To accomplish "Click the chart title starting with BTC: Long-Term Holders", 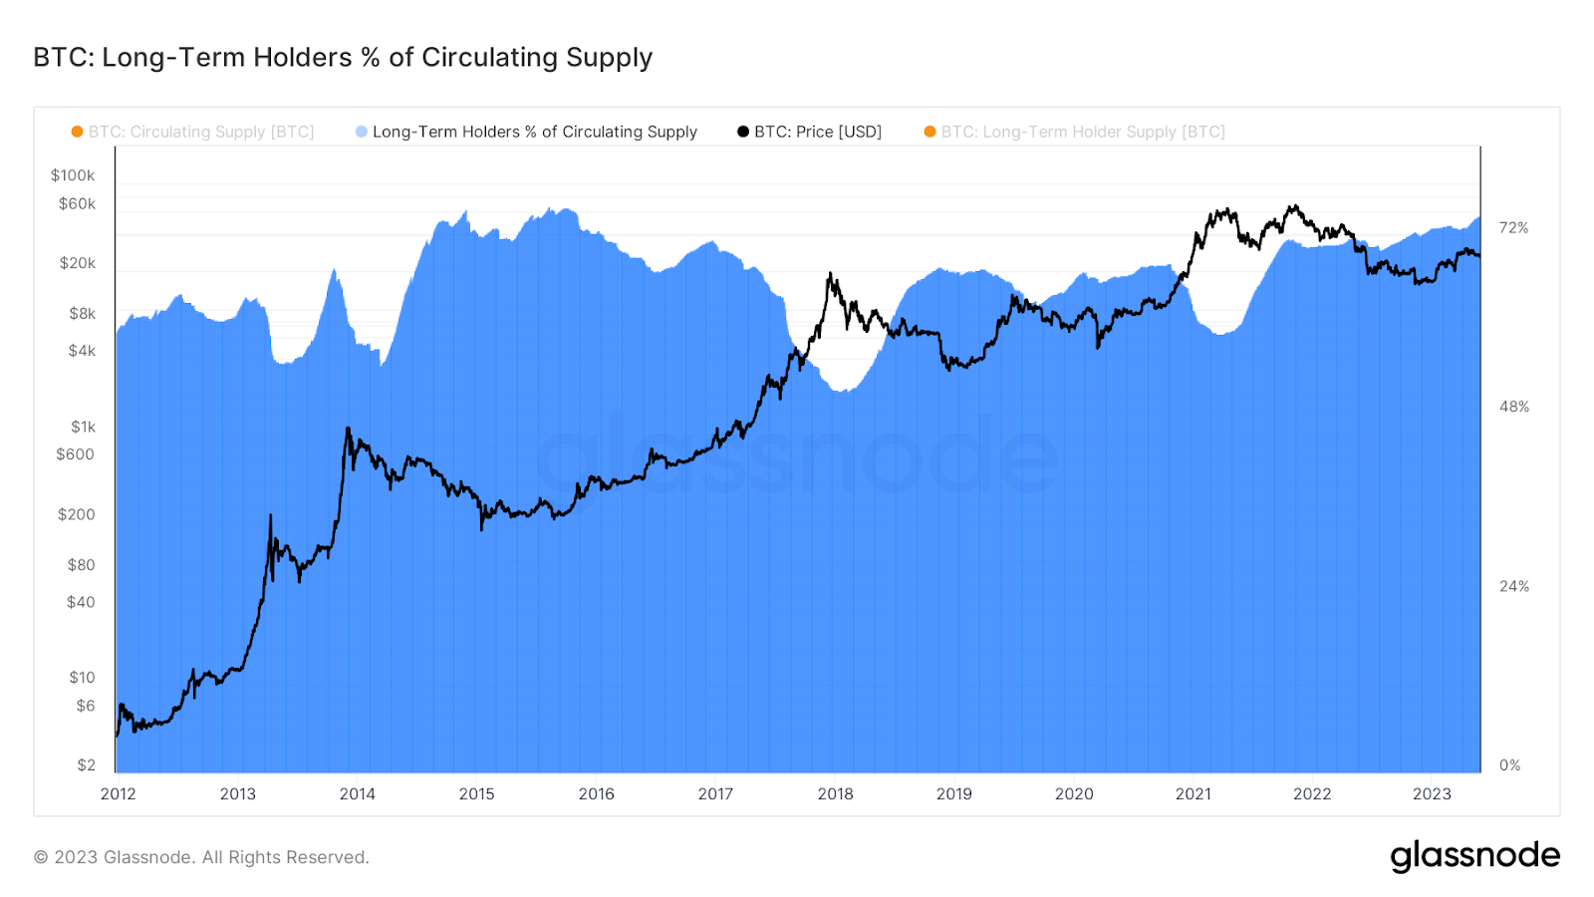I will (x=343, y=58).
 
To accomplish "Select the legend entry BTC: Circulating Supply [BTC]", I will (x=200, y=132).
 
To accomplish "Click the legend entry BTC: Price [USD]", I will (x=817, y=132).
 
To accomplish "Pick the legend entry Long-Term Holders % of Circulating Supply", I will (x=534, y=132).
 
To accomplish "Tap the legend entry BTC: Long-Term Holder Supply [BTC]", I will (x=1082, y=132).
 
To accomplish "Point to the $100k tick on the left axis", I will (x=73, y=175).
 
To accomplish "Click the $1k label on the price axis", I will (x=83, y=427).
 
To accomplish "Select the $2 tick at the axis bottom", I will (x=86, y=764).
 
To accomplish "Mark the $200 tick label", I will (x=76, y=514).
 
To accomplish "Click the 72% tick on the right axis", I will (x=1513, y=228).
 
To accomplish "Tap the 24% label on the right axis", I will (x=1513, y=586).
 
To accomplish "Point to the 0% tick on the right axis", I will (x=1509, y=765).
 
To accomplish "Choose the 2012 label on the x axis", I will (x=119, y=794).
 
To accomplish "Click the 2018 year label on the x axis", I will (x=835, y=794).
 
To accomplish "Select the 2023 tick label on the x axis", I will (x=1432, y=794).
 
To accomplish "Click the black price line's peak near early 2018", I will (x=829, y=274).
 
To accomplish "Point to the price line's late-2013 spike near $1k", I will (x=348, y=429).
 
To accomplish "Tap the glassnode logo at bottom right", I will (x=1474, y=856).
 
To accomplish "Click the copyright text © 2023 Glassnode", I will (x=201, y=857).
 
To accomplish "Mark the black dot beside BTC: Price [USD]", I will (x=743, y=132).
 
